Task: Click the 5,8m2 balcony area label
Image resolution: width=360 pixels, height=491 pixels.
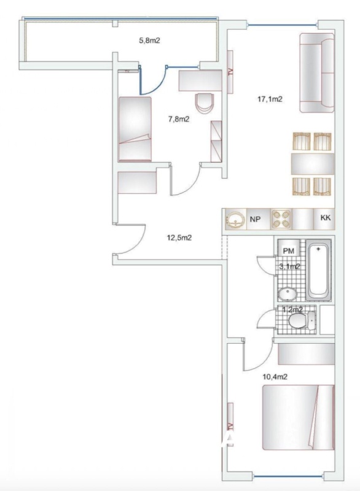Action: click(x=149, y=41)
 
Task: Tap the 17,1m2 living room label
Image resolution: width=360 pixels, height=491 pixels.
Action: click(x=270, y=99)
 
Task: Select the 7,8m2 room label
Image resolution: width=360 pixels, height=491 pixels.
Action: click(x=179, y=119)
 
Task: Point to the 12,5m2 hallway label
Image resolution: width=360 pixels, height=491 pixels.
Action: click(x=179, y=238)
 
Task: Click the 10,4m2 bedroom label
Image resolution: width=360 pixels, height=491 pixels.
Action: click(x=275, y=377)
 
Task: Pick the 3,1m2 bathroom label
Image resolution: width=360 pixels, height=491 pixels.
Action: click(x=289, y=266)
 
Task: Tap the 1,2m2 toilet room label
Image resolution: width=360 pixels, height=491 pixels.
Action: click(x=292, y=310)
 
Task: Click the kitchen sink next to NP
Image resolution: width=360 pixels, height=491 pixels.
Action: click(x=235, y=219)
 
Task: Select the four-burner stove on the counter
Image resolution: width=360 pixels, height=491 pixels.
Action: click(x=281, y=219)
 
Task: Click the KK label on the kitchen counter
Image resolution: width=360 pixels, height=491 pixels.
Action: click(x=326, y=218)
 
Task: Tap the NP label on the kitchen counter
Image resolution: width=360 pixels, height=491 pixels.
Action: click(x=255, y=219)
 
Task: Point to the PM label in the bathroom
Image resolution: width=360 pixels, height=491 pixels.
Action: click(x=289, y=251)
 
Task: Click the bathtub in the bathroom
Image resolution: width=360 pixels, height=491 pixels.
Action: click(x=318, y=270)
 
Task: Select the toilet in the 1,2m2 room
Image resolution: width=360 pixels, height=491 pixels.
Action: click(x=302, y=320)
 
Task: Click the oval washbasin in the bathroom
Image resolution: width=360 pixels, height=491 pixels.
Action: click(x=288, y=295)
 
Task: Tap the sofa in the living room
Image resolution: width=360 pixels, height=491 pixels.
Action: click(x=317, y=72)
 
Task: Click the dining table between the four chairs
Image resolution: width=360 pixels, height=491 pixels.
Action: click(x=313, y=164)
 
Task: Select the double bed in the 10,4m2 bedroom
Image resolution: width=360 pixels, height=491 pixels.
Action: click(x=299, y=417)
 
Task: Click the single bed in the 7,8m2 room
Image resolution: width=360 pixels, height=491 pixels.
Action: click(x=135, y=129)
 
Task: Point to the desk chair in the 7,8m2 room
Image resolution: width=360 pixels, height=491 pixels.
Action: click(x=205, y=103)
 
